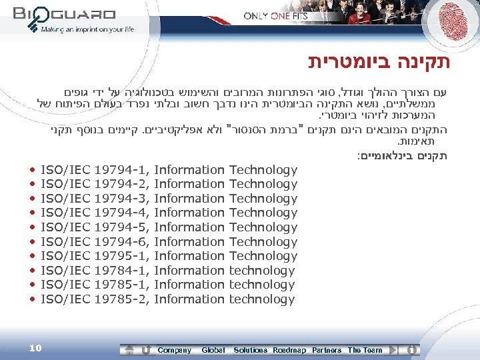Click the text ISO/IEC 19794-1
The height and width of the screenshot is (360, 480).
point(95,170)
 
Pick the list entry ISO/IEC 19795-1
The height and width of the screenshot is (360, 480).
point(95,256)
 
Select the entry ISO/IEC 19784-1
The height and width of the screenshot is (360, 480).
point(95,271)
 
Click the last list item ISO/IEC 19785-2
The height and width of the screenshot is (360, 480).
point(95,299)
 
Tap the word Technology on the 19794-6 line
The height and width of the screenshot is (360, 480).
point(263,242)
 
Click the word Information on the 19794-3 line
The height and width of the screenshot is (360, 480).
point(189,199)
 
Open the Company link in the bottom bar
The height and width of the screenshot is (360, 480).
point(174,350)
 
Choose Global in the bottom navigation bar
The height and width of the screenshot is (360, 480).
point(213,350)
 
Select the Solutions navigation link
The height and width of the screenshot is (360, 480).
point(250,350)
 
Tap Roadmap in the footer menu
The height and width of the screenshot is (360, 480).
point(289,350)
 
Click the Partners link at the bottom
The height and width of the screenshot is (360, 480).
point(327,350)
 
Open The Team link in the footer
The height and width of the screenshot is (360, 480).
point(365,350)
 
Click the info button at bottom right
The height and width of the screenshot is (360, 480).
point(413,349)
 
